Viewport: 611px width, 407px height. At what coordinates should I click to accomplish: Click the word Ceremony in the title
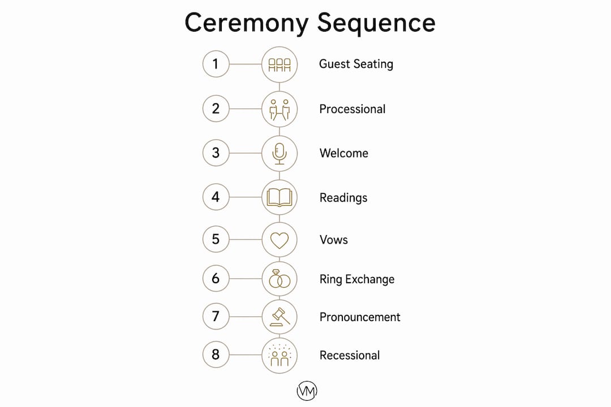[246, 23]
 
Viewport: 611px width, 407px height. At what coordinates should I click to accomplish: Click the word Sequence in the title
[376, 23]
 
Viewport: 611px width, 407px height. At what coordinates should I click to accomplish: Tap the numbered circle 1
[216, 64]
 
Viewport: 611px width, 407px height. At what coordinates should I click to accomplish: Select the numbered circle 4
[216, 197]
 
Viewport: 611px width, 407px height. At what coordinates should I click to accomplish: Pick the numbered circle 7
[216, 316]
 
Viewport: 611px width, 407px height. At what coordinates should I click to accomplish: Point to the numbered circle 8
[216, 354]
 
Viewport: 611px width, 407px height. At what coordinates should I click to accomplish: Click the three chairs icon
[279, 64]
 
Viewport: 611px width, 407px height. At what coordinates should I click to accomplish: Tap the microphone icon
[279, 153]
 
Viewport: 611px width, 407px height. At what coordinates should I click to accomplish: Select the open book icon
[279, 197]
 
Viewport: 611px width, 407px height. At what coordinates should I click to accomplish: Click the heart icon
[279, 240]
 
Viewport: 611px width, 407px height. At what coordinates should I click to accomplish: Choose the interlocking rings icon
[279, 279]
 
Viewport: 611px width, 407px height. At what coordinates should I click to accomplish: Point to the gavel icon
[280, 317]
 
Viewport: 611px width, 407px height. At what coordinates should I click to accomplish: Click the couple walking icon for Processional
[280, 110]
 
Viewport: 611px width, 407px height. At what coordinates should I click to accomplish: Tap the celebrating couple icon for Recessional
[279, 355]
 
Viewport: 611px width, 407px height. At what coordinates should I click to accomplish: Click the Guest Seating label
[356, 64]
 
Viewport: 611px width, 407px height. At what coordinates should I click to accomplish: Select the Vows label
[334, 240]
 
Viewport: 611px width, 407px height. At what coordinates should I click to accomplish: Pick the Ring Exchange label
[357, 279]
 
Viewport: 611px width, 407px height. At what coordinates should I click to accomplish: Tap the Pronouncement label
[360, 317]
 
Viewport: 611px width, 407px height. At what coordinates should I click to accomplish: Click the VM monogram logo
[307, 391]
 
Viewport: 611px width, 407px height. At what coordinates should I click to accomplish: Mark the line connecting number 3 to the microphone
[245, 153]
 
